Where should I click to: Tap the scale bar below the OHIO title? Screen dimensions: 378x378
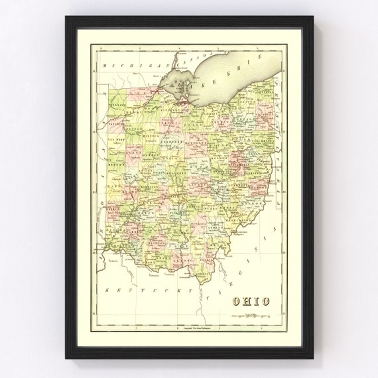(251, 316)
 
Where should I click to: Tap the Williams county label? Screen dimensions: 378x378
(117, 104)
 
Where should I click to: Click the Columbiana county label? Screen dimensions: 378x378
(265, 141)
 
